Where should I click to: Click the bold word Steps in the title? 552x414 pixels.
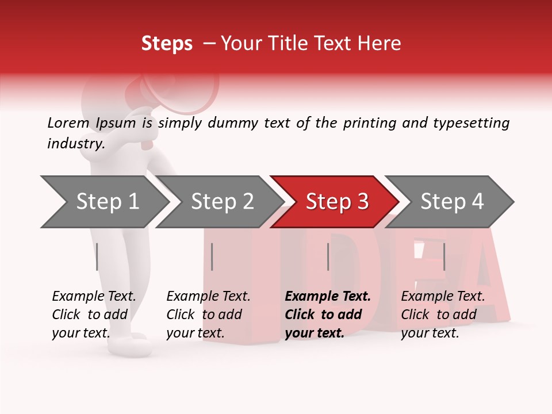pos(167,44)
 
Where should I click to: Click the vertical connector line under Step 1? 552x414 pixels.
pos(97,256)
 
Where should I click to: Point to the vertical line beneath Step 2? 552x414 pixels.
pos(212,256)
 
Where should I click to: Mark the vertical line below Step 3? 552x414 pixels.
pos(328,256)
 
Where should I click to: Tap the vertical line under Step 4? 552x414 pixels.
pos(444,256)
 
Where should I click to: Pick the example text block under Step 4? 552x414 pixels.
pos(443,315)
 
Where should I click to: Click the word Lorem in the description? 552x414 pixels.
pos(68,122)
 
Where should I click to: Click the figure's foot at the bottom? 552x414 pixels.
pos(135,345)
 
